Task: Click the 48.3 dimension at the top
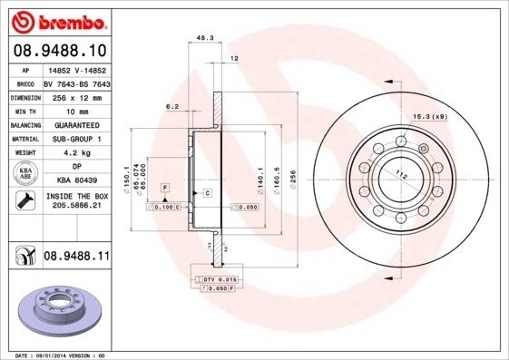[x=205, y=39]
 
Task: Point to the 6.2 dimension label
[x=171, y=106]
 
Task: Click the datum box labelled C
[x=207, y=193]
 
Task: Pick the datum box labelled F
[x=165, y=187]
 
